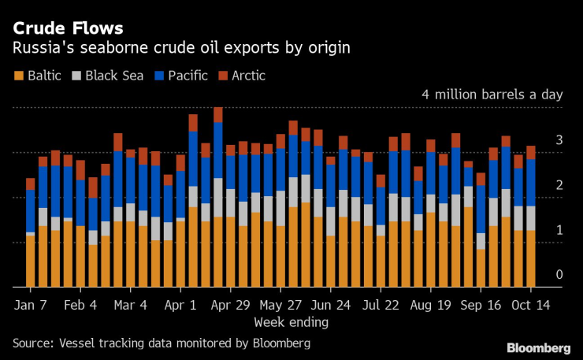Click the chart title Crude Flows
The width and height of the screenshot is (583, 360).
point(68,28)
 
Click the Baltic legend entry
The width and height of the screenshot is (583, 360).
point(45,76)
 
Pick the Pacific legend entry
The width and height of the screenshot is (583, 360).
point(188,76)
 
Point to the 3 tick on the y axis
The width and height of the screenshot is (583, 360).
point(559,140)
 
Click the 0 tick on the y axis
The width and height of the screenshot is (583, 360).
point(559,275)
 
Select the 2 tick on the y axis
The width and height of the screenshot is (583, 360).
point(559,185)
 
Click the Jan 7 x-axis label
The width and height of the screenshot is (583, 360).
point(31,304)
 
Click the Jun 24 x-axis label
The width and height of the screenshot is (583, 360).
point(332,304)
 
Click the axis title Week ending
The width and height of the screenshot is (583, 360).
point(291,322)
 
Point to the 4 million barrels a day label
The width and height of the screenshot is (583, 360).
point(492,95)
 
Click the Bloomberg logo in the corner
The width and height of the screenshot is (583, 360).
point(538,347)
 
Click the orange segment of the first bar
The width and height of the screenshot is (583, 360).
point(30,260)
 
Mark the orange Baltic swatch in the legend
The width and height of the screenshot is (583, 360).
point(18,76)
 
